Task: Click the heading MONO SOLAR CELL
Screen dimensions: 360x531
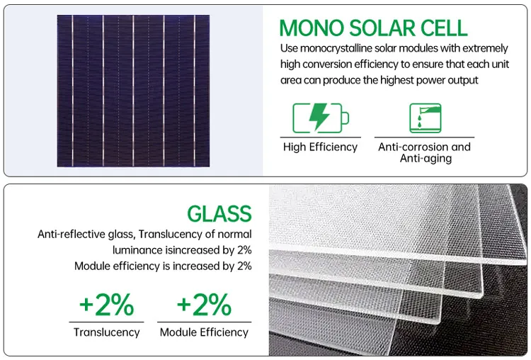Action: tap(373, 28)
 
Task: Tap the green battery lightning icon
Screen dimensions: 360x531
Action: tap(320, 117)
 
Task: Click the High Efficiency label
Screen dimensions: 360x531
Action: tap(320, 147)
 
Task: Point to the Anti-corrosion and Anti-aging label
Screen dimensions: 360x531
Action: tap(424, 152)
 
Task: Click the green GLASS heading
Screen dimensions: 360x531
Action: tap(219, 213)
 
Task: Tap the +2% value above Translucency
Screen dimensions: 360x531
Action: tap(106, 305)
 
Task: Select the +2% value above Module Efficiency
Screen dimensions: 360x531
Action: tap(204, 305)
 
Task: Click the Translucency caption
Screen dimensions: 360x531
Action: tap(107, 332)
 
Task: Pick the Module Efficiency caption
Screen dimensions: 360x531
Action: tap(204, 332)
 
